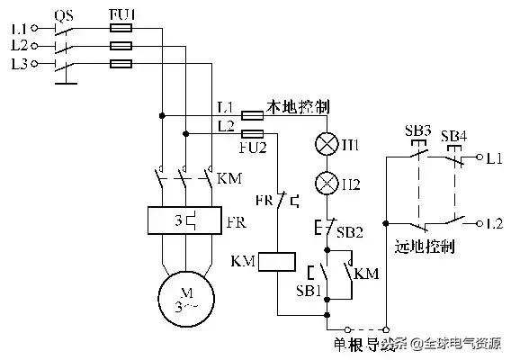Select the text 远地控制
pos(424,245)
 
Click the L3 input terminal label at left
pos(19,64)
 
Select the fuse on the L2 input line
pos(121,45)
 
